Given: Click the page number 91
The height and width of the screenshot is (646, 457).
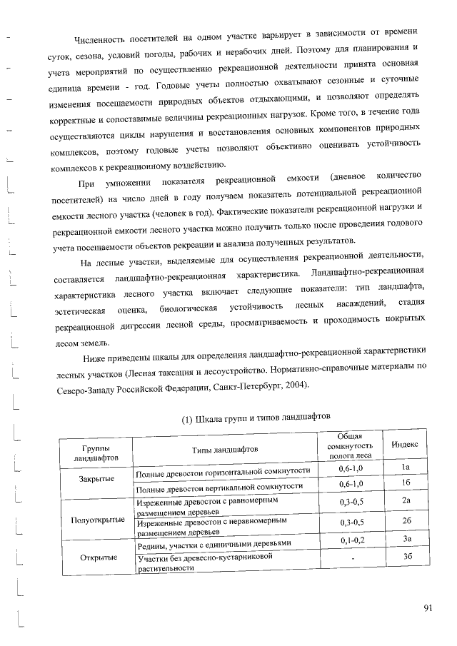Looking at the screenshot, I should coord(428,608).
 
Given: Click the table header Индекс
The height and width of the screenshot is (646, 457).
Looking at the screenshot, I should coord(405,445).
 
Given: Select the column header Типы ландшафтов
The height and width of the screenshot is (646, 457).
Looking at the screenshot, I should coord(224,449).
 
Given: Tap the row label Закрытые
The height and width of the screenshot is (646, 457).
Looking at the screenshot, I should coord(97,478).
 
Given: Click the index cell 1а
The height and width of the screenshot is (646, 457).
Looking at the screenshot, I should coord(405,467).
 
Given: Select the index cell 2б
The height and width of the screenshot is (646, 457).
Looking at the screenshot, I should coord(405,521).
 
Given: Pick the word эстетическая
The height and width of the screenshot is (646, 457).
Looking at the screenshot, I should coord(81,310).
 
